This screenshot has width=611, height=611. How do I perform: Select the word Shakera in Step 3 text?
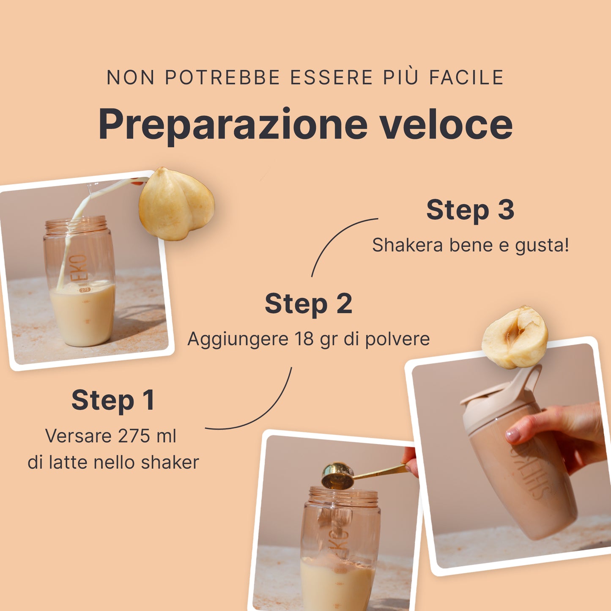coord(407,245)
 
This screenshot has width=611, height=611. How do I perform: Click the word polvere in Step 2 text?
coord(397,340)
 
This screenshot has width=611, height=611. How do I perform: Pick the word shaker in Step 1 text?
coord(170,462)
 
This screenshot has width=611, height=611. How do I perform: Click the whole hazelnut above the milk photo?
coord(177,203)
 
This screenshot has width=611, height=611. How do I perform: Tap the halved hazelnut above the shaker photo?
coord(515,337)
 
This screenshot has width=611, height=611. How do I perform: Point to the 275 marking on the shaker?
coord(85,290)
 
